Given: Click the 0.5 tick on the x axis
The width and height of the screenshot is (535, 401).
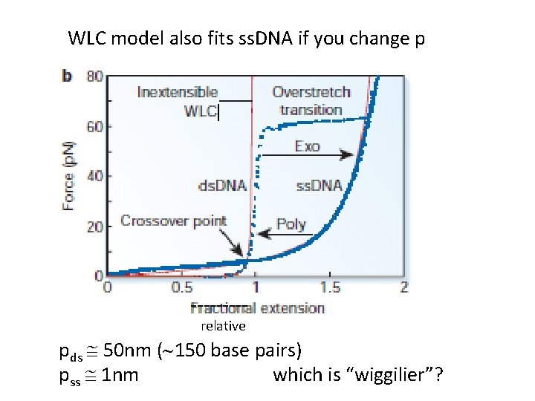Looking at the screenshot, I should [x=181, y=287].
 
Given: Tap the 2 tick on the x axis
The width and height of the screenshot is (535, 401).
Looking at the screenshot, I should [x=404, y=287].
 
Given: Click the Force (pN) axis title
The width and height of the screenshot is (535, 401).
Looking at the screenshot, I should [x=68, y=176].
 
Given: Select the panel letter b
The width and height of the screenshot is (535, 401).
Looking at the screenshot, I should [x=67, y=76].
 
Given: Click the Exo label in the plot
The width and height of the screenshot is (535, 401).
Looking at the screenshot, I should [x=307, y=146].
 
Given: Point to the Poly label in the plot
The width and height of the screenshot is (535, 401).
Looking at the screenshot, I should [x=291, y=224].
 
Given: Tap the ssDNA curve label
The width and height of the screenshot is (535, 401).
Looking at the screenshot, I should [x=319, y=185].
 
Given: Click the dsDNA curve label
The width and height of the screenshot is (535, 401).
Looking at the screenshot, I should [x=222, y=186].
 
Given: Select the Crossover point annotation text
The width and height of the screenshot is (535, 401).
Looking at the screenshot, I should [x=173, y=221].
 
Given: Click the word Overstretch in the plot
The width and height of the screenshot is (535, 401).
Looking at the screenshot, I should [x=311, y=92].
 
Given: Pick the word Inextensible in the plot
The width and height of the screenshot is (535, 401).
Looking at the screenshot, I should [x=177, y=92].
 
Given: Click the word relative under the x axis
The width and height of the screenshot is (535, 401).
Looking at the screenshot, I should [x=223, y=326].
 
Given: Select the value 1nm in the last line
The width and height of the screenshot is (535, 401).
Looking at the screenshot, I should [x=120, y=375].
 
